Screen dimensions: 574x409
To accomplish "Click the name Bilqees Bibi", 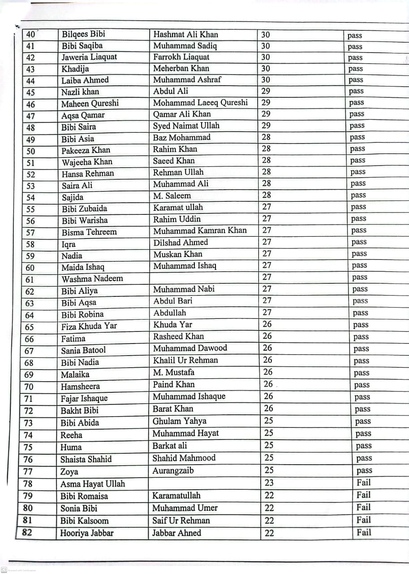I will click(83, 34).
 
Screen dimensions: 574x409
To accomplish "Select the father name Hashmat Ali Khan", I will click(186, 34).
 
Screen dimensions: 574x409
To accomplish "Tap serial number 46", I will click(30, 104).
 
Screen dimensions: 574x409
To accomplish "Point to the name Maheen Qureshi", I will click(90, 104).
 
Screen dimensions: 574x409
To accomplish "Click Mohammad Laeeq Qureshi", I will click(200, 103).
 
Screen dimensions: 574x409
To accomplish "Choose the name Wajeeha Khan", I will click(87, 162).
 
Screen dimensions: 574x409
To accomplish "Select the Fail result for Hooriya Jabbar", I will click(364, 532).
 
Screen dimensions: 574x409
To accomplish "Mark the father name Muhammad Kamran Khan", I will click(200, 230).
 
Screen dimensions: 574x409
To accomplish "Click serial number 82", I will click(27, 533).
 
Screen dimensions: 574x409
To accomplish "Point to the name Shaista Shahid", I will click(86, 459).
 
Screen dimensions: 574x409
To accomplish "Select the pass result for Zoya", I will click(364, 470).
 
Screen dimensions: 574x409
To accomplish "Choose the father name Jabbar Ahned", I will click(177, 533).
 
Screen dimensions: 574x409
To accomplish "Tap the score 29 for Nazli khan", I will click(266, 91).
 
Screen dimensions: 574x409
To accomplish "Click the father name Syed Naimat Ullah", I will click(186, 126).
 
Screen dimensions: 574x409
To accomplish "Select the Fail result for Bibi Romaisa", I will click(363, 495).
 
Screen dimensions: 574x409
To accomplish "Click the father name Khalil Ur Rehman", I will click(185, 360).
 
